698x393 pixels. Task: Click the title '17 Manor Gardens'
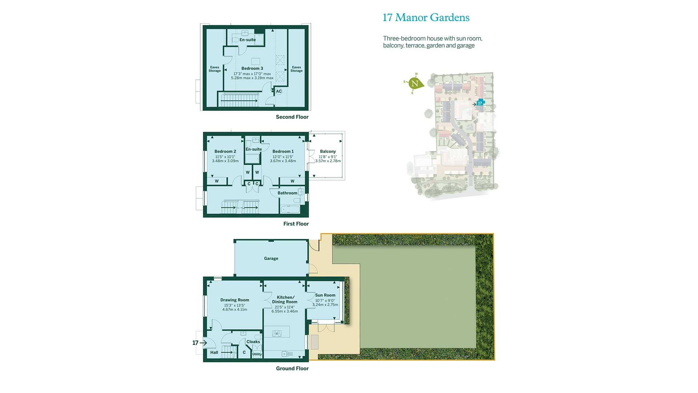point(426,17)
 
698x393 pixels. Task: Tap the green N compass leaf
point(415,83)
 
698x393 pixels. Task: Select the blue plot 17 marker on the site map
point(480,103)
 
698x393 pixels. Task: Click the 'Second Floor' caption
point(292,117)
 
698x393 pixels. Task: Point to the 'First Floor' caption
point(296,224)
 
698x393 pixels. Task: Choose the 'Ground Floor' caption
point(292,368)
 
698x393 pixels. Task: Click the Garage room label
point(271,258)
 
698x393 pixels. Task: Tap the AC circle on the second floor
point(279,91)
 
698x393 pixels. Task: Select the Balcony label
point(328,151)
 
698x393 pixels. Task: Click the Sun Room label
point(325,295)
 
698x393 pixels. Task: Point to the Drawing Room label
point(234,300)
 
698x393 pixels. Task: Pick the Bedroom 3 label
point(252,68)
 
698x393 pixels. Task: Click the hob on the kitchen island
point(277,333)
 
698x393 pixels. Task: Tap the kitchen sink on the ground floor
point(287,354)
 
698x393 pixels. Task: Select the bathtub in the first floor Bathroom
point(290,210)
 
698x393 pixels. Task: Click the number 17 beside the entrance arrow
point(195,343)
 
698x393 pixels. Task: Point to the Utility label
point(257,354)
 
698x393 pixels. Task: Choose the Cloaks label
point(253,342)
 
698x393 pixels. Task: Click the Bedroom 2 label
point(225,151)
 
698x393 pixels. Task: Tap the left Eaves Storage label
point(214,69)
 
